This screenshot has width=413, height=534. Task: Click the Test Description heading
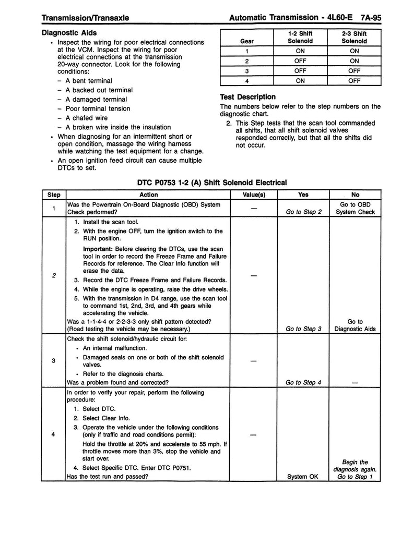247,96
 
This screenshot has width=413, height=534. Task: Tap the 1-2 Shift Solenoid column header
300,37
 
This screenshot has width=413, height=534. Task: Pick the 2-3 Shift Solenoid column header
354,37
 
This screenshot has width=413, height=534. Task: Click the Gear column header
246,41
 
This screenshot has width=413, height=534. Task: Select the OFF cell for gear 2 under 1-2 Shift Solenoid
300,60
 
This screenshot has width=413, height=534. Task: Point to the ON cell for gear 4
300,80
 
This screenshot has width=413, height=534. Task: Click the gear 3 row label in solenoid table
246,70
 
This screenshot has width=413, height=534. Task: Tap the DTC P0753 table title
211,183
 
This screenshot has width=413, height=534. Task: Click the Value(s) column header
254,195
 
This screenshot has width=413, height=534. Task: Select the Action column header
149,195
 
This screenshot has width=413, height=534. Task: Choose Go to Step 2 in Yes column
304,212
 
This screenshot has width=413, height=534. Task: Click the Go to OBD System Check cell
356,208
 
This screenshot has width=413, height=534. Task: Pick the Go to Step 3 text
304,329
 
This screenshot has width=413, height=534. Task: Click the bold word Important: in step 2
98,248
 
